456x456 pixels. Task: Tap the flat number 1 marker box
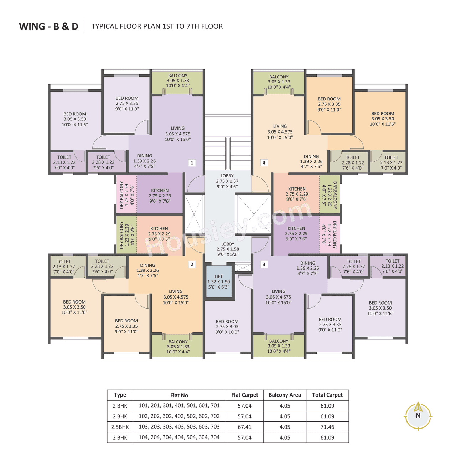point(192,162)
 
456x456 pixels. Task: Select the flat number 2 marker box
point(192,264)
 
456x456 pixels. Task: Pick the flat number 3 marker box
point(264,264)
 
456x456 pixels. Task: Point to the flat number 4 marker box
point(264,162)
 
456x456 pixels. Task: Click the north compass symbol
point(418,415)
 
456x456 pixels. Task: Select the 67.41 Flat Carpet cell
point(244,427)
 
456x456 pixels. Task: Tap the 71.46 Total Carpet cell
point(327,427)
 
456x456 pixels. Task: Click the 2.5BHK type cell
point(120,427)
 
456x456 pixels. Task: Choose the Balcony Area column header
point(285,395)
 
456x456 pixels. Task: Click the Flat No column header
point(179,395)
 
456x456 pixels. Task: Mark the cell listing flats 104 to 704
point(179,437)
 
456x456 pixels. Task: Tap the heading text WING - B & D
point(48,26)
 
